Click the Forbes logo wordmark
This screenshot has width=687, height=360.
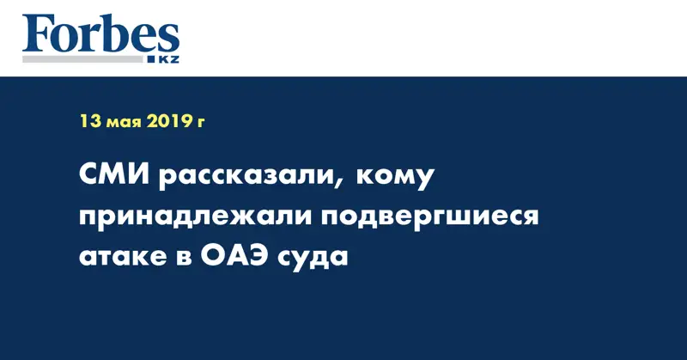point(100,34)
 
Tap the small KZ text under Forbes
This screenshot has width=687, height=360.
point(168,59)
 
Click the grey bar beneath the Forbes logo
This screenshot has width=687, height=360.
point(82,59)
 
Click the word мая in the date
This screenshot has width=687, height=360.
point(124,123)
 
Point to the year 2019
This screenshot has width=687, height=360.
point(168,121)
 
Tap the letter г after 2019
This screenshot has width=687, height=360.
point(200,123)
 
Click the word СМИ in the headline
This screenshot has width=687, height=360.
point(116,175)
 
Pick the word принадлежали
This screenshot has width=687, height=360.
point(195,217)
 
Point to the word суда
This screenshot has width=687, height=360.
point(313,259)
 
